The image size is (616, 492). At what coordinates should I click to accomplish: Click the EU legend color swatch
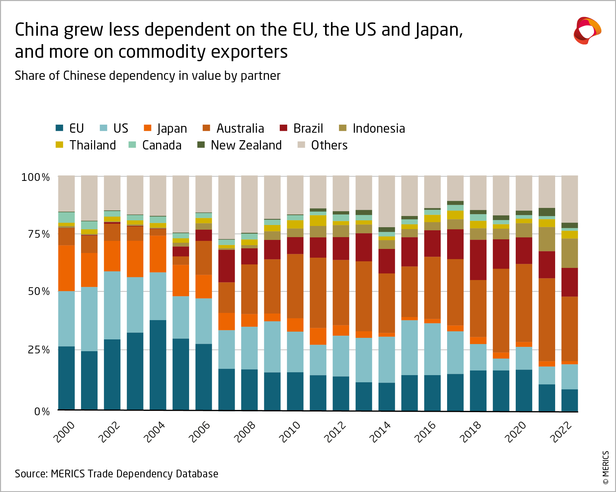pyautogui.click(x=59, y=128)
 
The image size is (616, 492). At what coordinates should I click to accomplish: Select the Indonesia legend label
pyautogui.click(x=378, y=128)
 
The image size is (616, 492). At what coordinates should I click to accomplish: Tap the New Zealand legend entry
pyautogui.click(x=246, y=145)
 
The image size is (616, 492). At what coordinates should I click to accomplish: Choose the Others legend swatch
pyautogui.click(x=301, y=145)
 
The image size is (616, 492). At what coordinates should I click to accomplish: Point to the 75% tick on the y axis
pyautogui.click(x=39, y=234)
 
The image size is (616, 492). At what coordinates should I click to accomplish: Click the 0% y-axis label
pyautogui.click(x=42, y=412)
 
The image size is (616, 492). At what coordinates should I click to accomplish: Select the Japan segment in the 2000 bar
pyautogui.click(x=66, y=268)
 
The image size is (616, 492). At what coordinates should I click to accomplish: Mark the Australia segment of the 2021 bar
pyautogui.click(x=547, y=319)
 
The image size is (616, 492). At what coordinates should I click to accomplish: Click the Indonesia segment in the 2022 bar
pyautogui.click(x=569, y=253)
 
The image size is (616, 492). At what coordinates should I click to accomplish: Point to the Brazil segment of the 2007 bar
pyautogui.click(x=226, y=266)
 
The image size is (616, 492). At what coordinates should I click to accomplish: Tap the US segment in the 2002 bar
pyautogui.click(x=112, y=305)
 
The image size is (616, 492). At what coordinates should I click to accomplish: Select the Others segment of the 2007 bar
pyautogui.click(x=226, y=207)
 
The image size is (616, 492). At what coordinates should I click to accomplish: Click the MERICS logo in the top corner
pyautogui.click(x=587, y=30)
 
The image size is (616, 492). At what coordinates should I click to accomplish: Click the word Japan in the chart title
pyautogui.click(x=439, y=30)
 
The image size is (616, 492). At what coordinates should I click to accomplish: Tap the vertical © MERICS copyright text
pyautogui.click(x=605, y=467)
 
